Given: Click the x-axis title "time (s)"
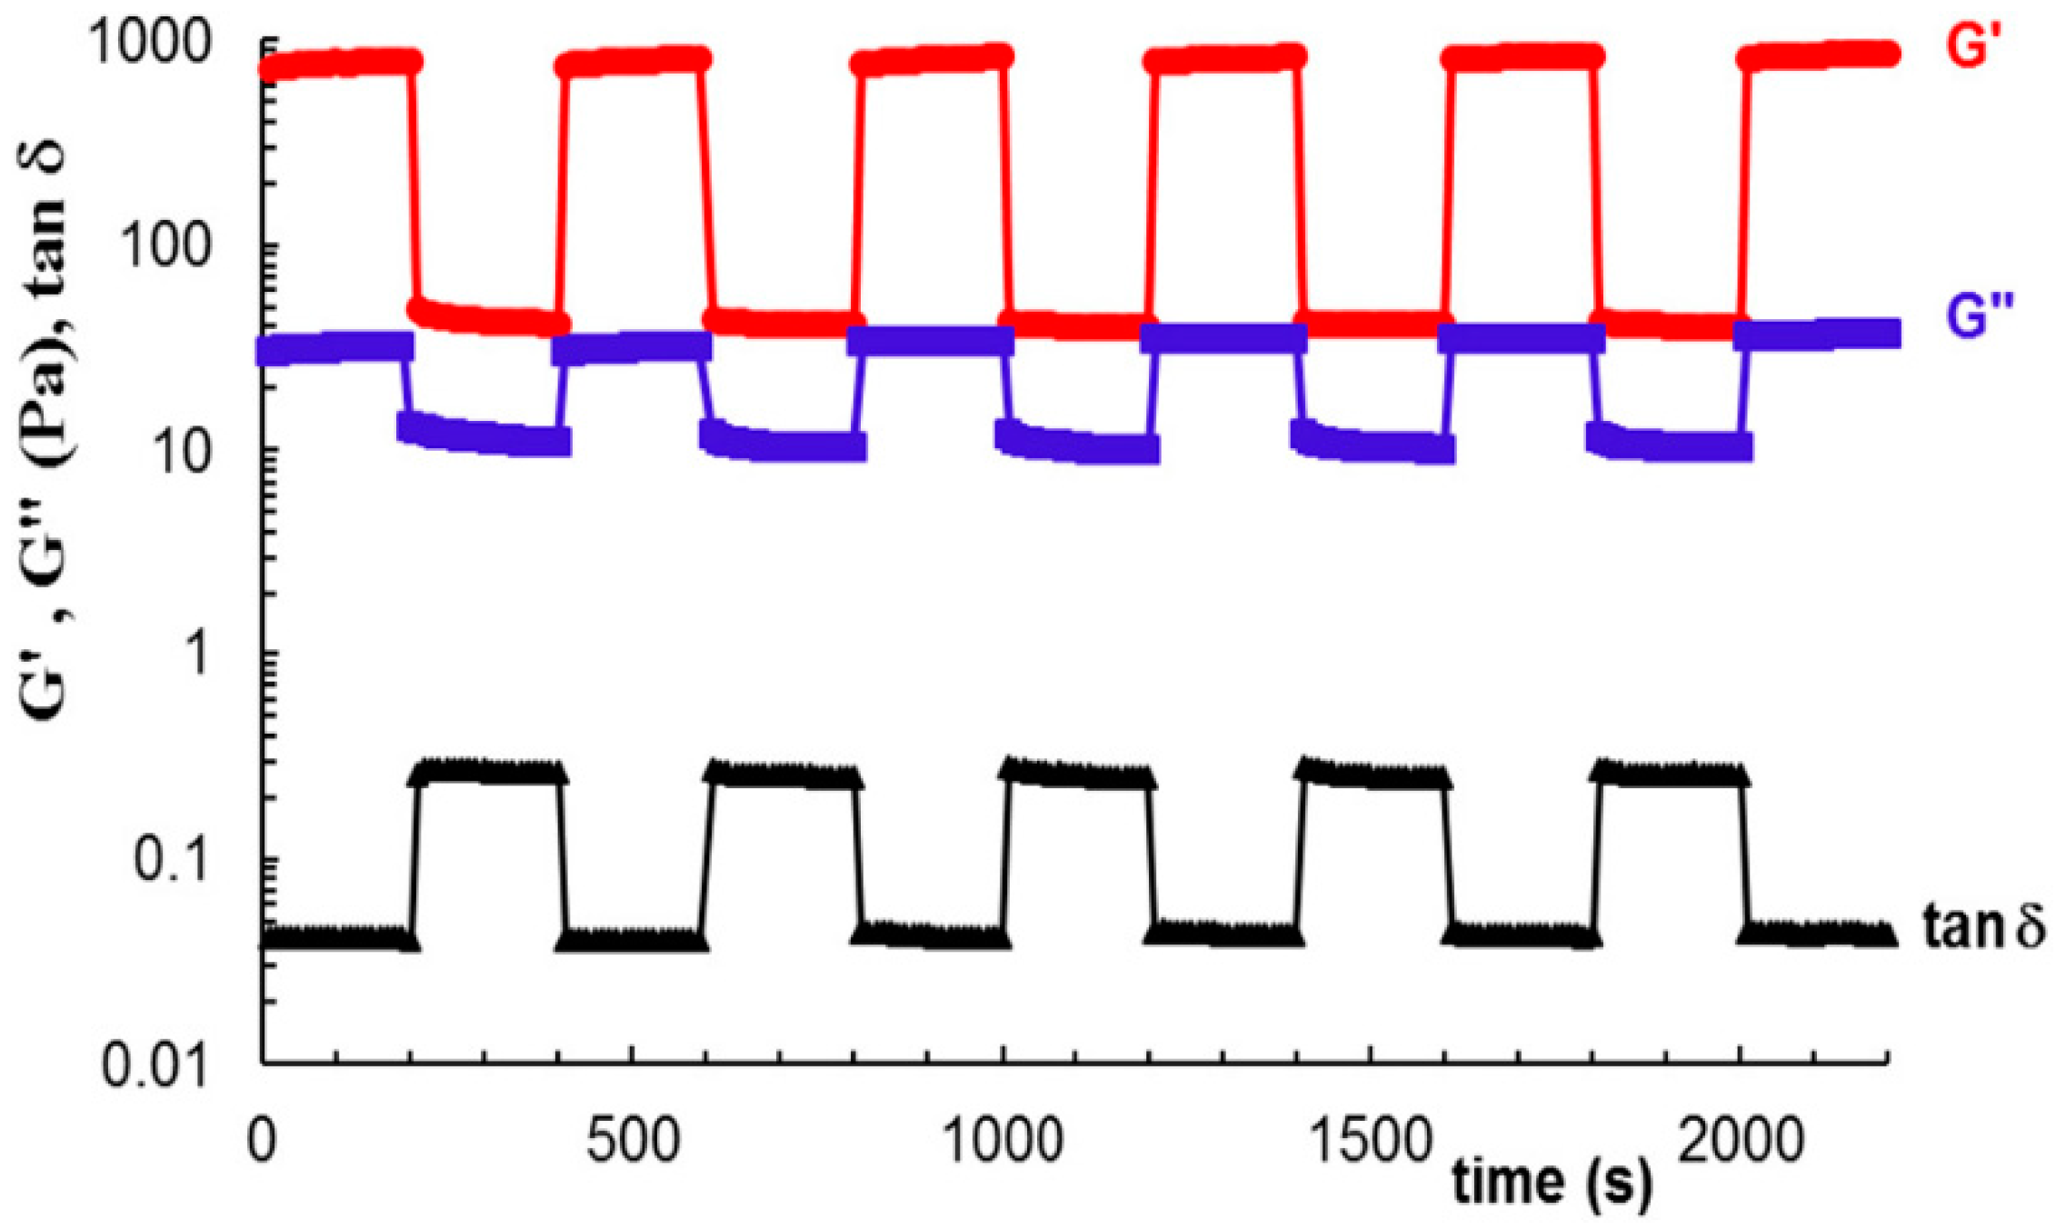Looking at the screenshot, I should pos(1552,1183).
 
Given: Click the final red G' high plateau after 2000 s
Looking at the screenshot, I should pos(1818,55).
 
